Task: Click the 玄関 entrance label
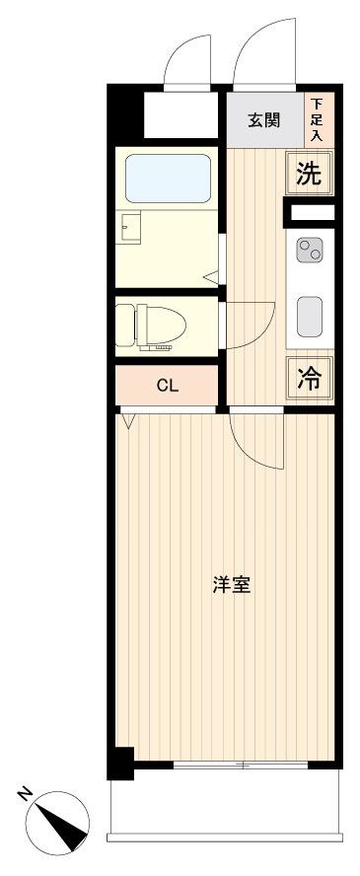click(263, 120)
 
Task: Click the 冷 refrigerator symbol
click(310, 380)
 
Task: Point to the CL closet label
click(168, 386)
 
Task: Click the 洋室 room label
click(231, 585)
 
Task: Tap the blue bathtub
click(168, 179)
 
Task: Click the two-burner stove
click(310, 251)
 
